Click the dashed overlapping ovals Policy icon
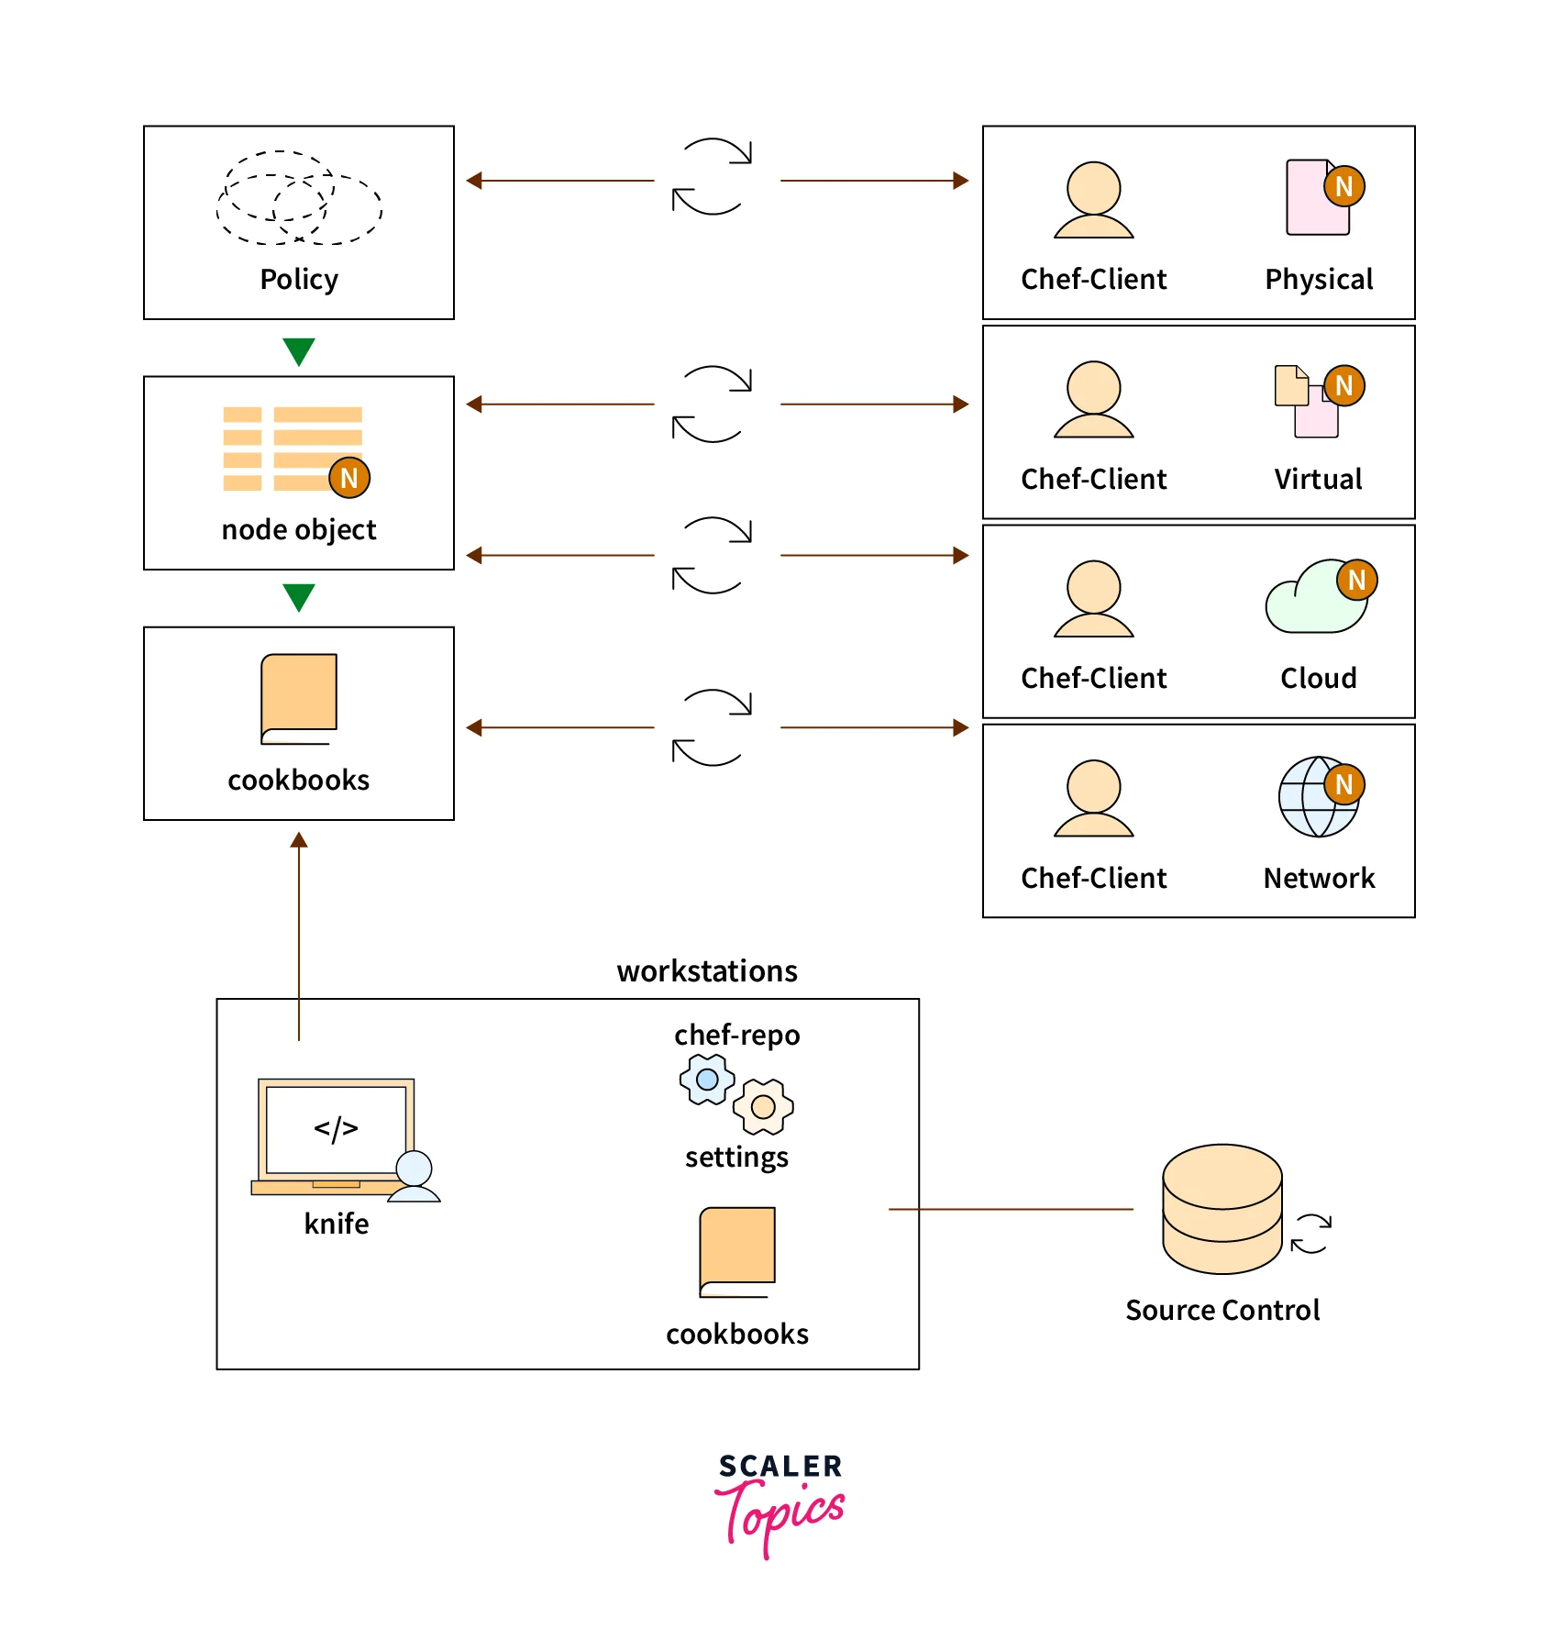click(x=299, y=198)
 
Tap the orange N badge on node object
click(x=349, y=478)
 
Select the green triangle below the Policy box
click(x=299, y=351)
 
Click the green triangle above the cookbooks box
click(x=299, y=597)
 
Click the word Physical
click(x=1319, y=279)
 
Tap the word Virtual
click(x=1318, y=479)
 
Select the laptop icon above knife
click(x=336, y=1137)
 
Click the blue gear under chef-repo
click(x=707, y=1080)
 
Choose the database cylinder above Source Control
click(x=1222, y=1208)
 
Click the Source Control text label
click(x=1222, y=1310)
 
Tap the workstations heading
click(x=707, y=970)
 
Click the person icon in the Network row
click(x=1094, y=798)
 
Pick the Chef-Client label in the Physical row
click(x=1094, y=279)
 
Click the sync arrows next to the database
click(x=1310, y=1234)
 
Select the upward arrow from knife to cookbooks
click(x=299, y=936)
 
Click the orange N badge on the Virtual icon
click(x=1344, y=386)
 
